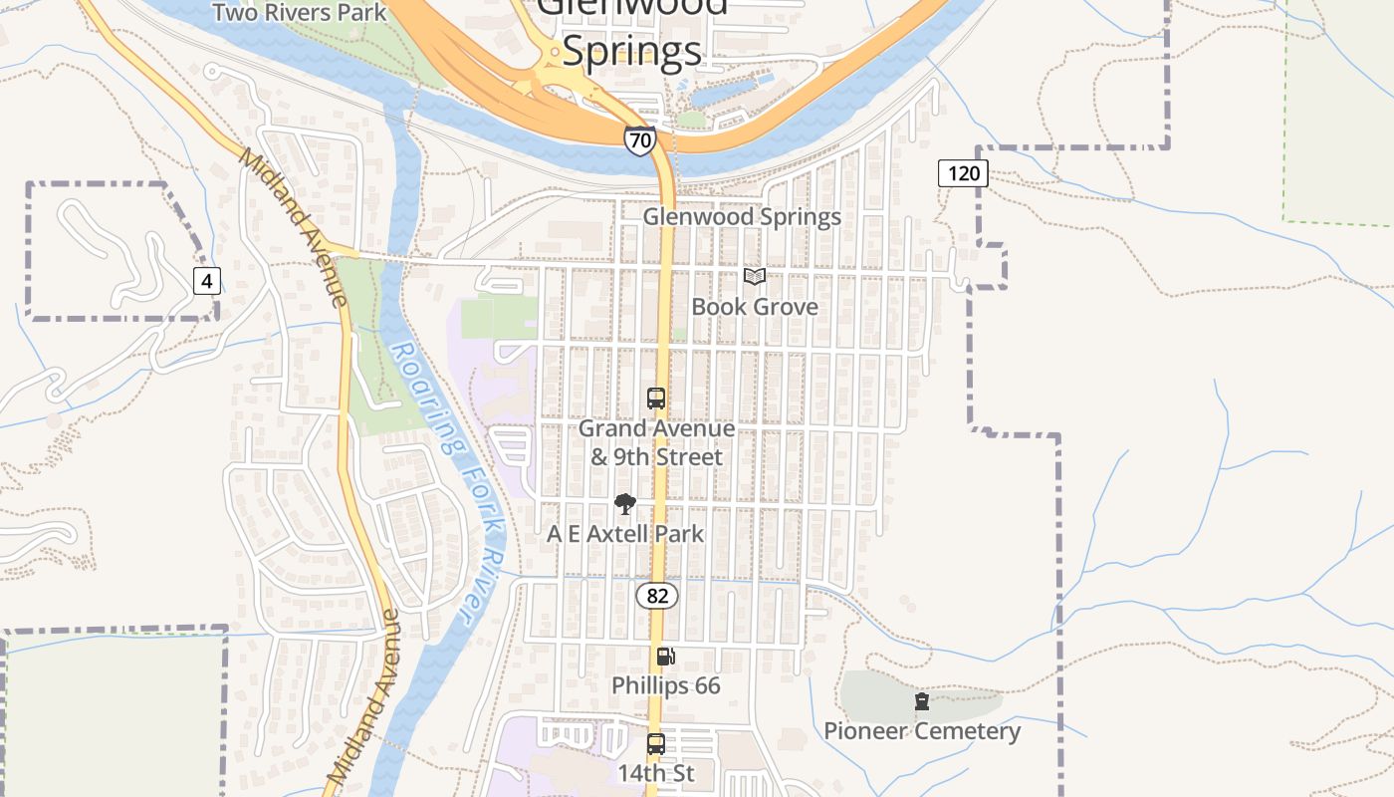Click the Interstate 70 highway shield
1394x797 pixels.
(640, 140)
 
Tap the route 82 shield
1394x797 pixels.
(657, 596)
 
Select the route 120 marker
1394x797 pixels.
(963, 173)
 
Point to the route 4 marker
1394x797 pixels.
(206, 281)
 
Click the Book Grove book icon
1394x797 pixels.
(755, 277)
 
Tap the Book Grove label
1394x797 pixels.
(755, 307)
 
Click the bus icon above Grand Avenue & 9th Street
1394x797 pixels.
(656, 398)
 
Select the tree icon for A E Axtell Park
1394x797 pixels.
(625, 504)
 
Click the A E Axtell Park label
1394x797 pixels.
(625, 534)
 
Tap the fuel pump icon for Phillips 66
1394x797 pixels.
(665, 656)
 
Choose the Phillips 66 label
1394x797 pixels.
(665, 685)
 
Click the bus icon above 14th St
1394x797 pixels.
(656, 743)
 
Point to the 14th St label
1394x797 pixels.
(655, 773)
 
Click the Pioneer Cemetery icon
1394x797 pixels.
(922, 701)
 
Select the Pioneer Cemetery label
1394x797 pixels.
(922, 731)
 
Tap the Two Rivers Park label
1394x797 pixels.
(300, 13)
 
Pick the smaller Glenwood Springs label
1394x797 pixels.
(742, 216)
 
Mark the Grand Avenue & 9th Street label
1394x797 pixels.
(657, 442)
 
